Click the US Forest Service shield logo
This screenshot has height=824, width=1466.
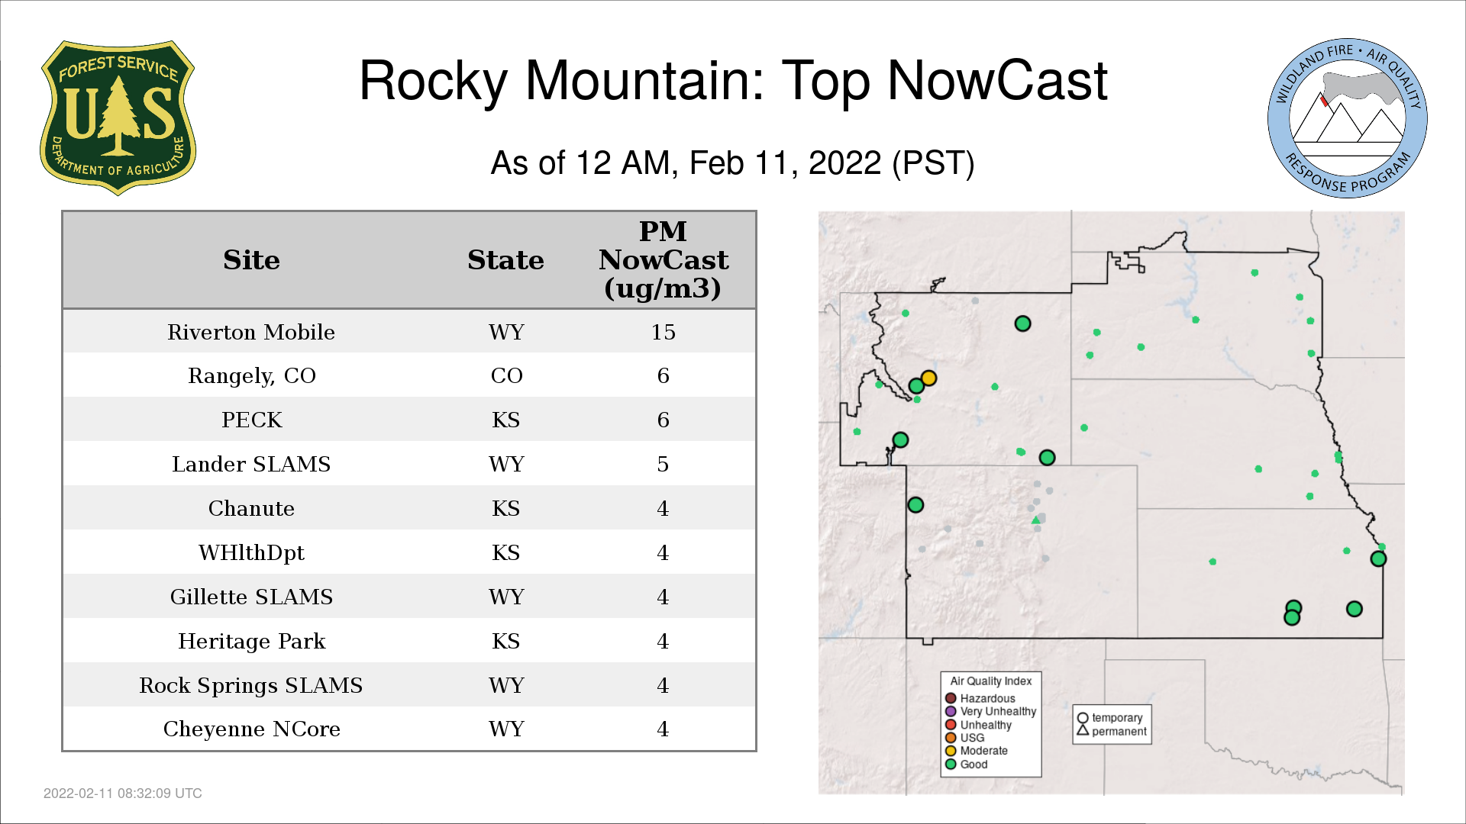118,117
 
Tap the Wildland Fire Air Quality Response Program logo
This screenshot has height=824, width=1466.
1348,118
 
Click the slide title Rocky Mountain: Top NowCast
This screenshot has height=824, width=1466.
733,80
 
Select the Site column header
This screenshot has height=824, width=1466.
251,260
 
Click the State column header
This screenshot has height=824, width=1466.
505,260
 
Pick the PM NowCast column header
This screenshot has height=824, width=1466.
663,260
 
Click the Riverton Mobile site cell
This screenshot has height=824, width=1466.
251,332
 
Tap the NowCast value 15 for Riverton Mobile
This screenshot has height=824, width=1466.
663,332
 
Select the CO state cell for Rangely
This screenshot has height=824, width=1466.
506,375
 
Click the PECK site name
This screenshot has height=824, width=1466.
252,420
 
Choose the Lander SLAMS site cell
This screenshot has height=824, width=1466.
251,464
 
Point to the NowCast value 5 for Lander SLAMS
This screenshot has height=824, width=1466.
663,464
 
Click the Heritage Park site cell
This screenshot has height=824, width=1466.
251,641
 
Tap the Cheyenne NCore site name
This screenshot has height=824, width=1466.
251,729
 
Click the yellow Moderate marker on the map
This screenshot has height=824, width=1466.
928,378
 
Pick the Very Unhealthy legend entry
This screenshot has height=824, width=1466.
990,711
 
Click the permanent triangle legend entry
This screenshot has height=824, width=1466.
1112,731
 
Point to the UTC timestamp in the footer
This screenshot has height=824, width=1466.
123,793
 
